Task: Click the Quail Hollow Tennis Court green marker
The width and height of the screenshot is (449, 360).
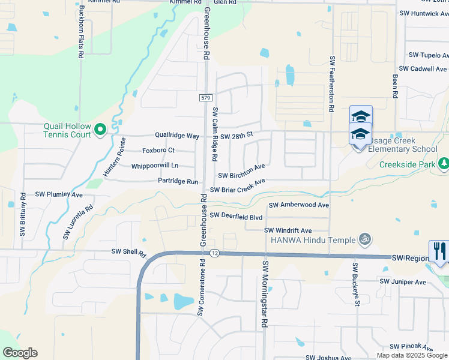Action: pyautogui.click(x=100, y=128)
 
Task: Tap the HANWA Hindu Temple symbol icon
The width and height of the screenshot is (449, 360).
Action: pyautogui.click(x=363, y=239)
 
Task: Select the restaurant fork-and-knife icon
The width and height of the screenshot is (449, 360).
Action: pyautogui.click(x=439, y=251)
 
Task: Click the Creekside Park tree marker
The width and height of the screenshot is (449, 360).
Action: pyautogui.click(x=443, y=163)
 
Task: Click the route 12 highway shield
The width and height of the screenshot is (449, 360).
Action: pyautogui.click(x=214, y=254)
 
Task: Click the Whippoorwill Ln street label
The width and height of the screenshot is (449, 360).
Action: pyautogui.click(x=155, y=166)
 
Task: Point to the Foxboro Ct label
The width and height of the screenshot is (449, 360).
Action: pyautogui.click(x=158, y=150)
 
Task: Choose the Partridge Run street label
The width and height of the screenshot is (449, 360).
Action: pyautogui.click(x=178, y=181)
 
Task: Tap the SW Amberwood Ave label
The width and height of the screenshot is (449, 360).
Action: pyautogui.click(x=299, y=205)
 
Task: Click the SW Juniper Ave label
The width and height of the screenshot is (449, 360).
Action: pyautogui.click(x=402, y=281)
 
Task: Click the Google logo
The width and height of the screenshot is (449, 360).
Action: pyautogui.click(x=20, y=353)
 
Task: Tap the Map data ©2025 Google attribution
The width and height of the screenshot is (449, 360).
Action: pyautogui.click(x=412, y=355)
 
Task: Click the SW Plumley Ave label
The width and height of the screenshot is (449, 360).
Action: pyautogui.click(x=59, y=194)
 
